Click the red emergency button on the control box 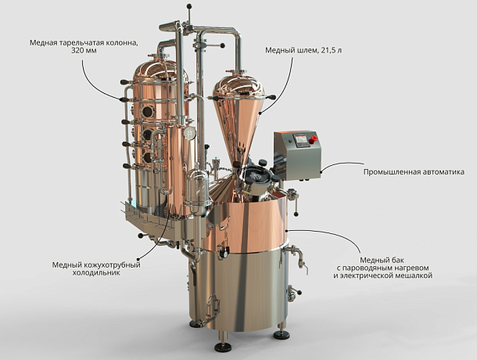tap(313, 139)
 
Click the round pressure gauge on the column tap(189, 133)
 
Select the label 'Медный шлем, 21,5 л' tap(303, 50)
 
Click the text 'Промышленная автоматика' tap(414, 171)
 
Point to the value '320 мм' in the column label tap(84, 50)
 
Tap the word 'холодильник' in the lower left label tap(96, 272)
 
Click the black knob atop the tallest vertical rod tap(189, 6)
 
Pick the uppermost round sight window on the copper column tap(148, 112)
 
